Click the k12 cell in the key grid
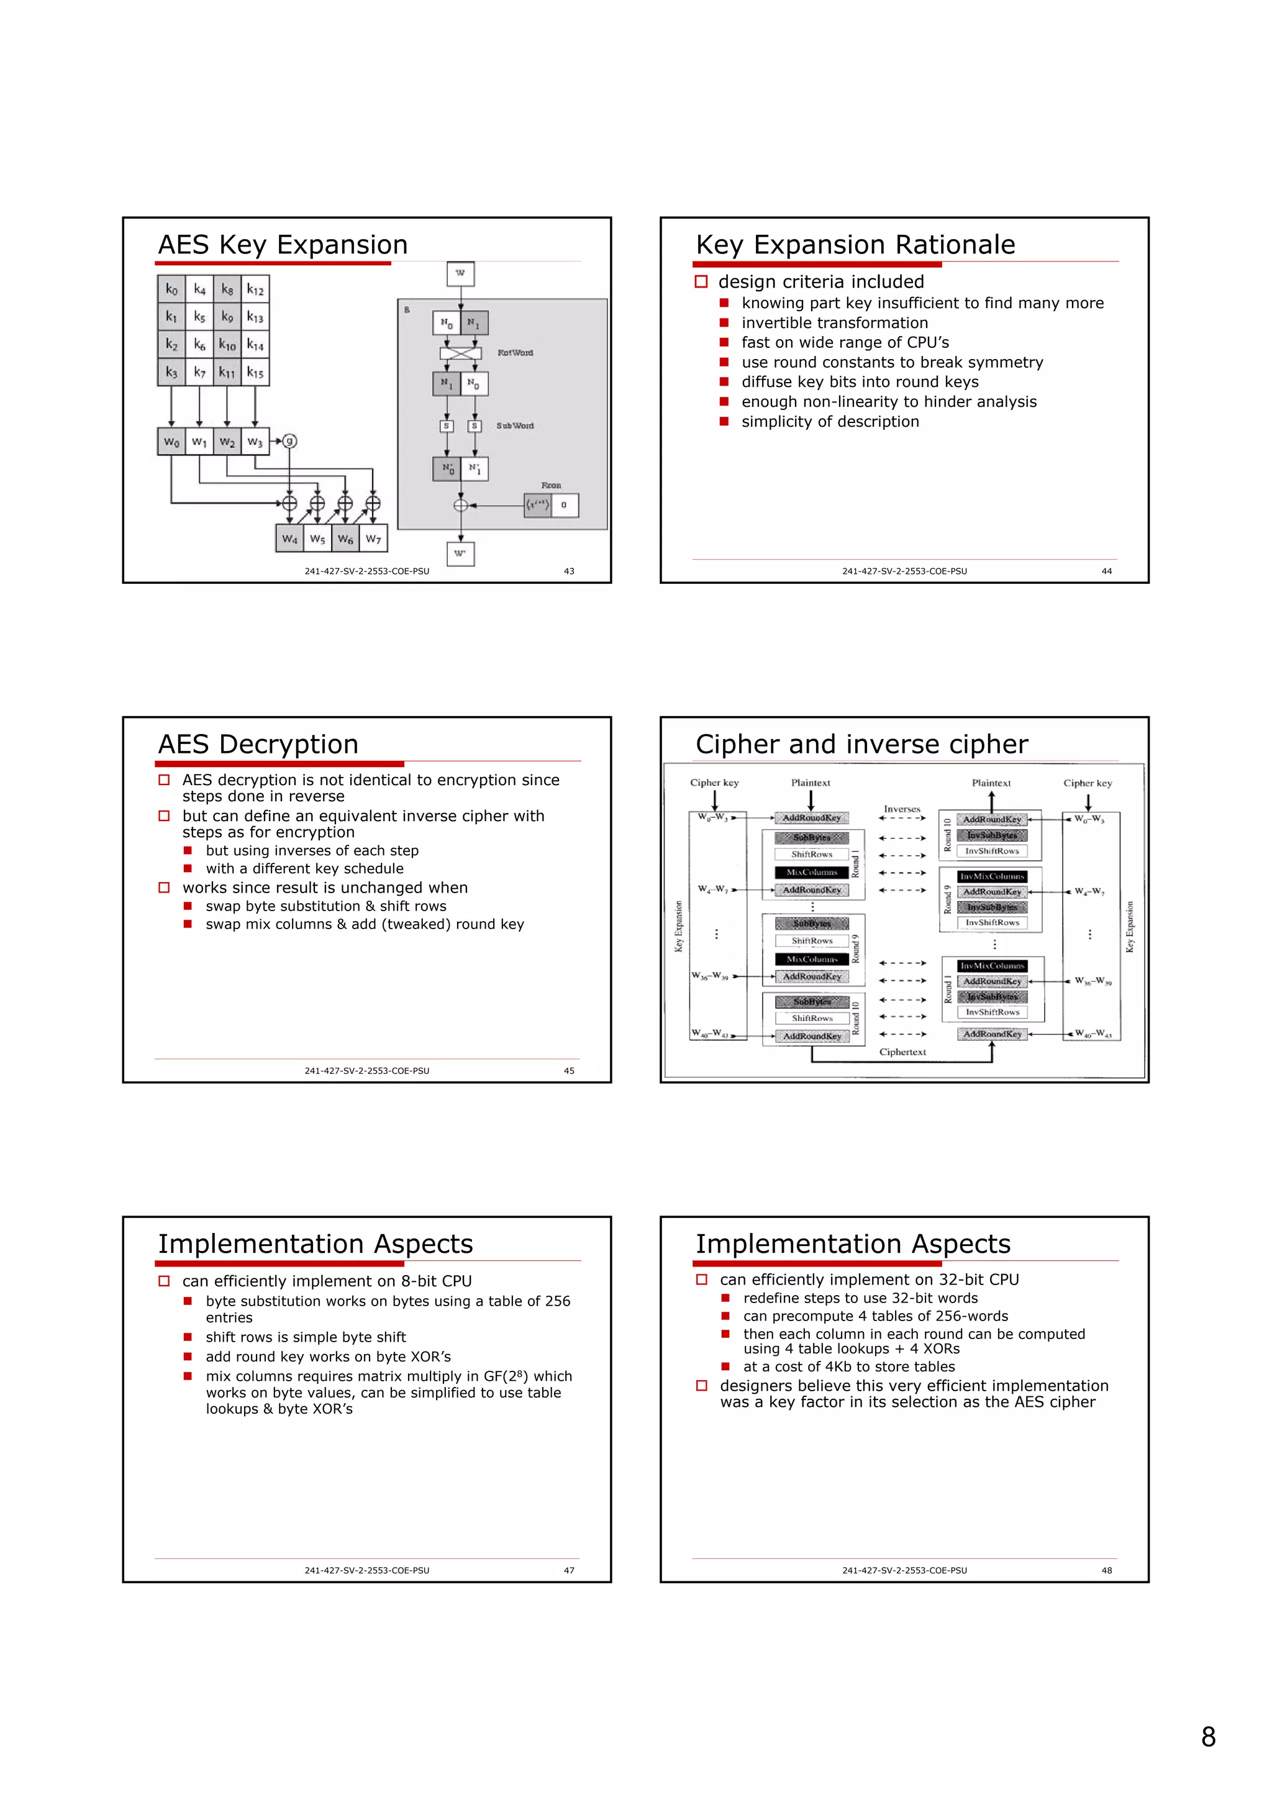[x=255, y=289]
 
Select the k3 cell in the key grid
[x=171, y=373]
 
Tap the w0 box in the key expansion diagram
[x=171, y=442]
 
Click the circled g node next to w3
[x=290, y=442]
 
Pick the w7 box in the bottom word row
[x=373, y=539]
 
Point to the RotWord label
[x=515, y=353]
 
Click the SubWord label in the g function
[x=515, y=425]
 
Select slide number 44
[x=1106, y=571]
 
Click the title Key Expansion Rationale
[x=855, y=245]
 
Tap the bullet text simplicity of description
[x=830, y=422]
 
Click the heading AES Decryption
[x=258, y=744]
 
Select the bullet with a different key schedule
[x=304, y=869]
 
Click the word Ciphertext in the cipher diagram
[x=902, y=1052]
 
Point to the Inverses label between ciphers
[x=902, y=809]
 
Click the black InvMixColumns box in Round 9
[x=991, y=876]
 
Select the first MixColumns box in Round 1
[x=812, y=873]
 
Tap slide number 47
[x=569, y=1570]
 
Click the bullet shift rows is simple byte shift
[x=306, y=1337]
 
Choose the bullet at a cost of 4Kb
[x=849, y=1366]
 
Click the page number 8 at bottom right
[x=1208, y=1737]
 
